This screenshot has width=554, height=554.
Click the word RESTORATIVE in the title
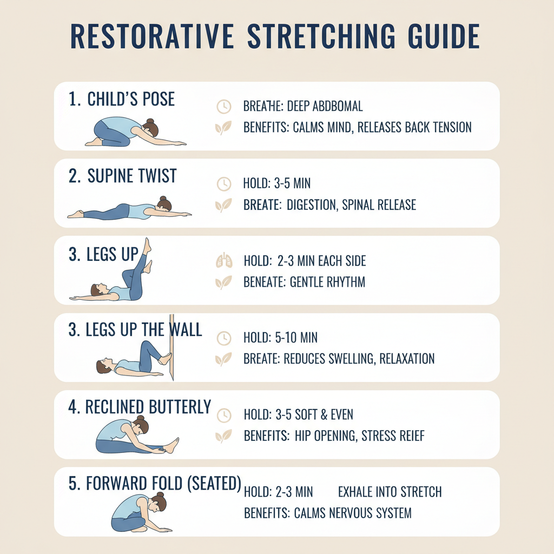click(x=153, y=36)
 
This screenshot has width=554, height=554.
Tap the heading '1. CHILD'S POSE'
click(x=122, y=100)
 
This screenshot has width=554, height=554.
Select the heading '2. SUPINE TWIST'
click(x=122, y=176)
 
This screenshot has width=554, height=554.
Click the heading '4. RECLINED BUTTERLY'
click(x=140, y=407)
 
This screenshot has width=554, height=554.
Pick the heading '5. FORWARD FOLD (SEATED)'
click(x=155, y=484)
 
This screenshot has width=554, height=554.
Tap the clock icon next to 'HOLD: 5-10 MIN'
click(x=223, y=339)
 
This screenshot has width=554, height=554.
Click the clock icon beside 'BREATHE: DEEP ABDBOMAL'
click(x=223, y=107)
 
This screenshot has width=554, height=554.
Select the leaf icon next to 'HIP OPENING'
click(x=223, y=436)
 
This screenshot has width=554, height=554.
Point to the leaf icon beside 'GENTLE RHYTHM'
click(x=223, y=282)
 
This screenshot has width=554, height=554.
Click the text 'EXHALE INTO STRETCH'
click(x=390, y=492)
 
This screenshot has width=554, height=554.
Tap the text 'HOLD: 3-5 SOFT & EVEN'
click(x=298, y=415)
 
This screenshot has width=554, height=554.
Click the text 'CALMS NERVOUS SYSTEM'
click(x=353, y=512)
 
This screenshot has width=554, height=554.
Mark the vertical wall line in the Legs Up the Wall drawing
click(x=171, y=346)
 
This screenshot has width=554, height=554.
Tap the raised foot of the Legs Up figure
click(x=147, y=246)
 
